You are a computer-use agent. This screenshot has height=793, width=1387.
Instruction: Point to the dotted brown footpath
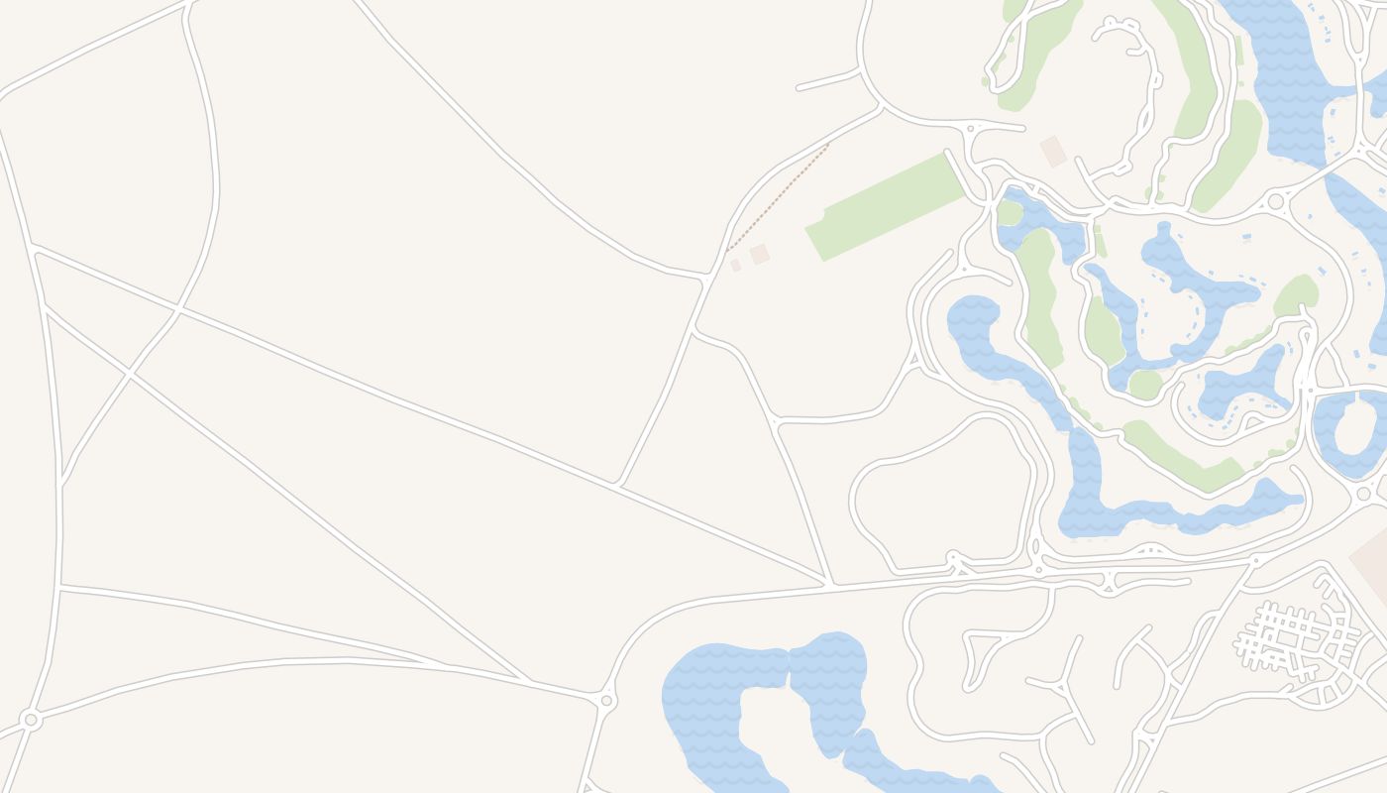779,196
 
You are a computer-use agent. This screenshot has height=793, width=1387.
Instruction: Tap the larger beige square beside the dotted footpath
760,254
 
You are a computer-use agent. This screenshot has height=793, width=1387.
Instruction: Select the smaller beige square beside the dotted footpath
735,266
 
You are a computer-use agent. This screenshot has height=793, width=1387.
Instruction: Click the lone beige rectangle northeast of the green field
1053,152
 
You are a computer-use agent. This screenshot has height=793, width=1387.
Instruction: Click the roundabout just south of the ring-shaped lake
1364,494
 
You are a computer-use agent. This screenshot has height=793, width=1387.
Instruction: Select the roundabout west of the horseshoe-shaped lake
606,701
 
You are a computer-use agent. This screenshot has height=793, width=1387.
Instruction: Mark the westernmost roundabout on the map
31,719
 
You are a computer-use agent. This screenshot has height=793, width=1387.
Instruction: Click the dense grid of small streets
1288,639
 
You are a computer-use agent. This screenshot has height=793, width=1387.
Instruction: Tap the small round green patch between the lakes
1144,385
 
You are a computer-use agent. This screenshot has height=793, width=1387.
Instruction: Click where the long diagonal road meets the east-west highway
830,584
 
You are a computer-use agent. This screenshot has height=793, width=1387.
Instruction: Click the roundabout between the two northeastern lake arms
1276,201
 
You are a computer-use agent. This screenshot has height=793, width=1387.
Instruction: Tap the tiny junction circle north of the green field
970,129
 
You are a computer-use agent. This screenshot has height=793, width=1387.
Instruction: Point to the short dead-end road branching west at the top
828,80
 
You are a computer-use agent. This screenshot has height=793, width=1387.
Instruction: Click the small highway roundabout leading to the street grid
1255,561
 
